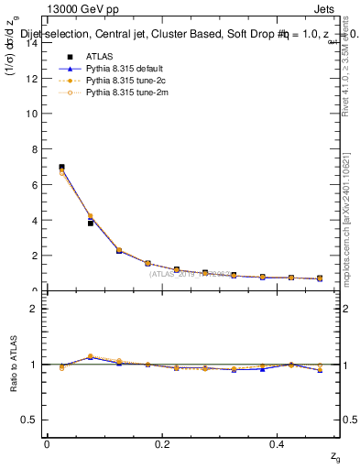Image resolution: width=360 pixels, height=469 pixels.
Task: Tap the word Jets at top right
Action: coord(326,11)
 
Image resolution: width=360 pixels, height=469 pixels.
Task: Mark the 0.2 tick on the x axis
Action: coord(163,444)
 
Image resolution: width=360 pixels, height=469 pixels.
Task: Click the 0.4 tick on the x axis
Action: coord(279,444)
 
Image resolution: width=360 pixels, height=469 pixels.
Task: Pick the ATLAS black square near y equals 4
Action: coord(91,223)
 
